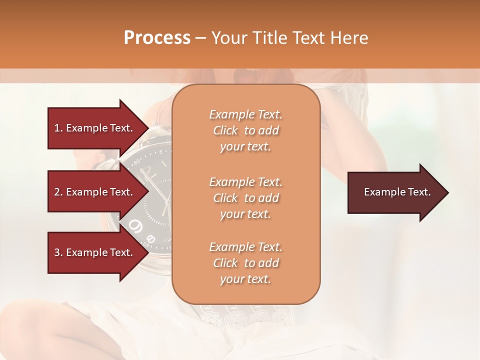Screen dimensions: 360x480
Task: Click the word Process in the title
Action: (157, 38)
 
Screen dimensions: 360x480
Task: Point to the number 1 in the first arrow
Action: (57, 128)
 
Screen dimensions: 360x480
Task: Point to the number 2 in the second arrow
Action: (57, 192)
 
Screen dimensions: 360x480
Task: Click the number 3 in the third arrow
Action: (57, 252)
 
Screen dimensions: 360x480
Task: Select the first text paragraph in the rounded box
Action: (245, 130)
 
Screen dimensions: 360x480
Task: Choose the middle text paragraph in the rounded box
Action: (245, 198)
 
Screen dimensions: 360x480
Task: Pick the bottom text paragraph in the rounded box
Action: (245, 263)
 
